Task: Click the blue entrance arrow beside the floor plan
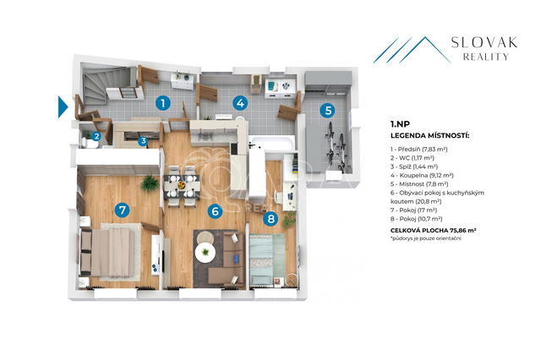[63, 106]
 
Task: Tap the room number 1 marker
[163, 103]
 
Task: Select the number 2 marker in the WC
[96, 136]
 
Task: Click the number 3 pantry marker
[143, 140]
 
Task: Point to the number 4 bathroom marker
[240, 103]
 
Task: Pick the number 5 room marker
[328, 111]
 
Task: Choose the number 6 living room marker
[215, 210]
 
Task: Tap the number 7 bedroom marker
[122, 210]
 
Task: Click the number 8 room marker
[270, 219]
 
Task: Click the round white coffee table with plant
[205, 252]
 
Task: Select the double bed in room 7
[107, 253]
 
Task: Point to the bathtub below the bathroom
[272, 143]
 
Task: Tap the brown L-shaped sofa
[227, 259]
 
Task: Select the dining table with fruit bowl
[182, 186]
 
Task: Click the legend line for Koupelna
[422, 176]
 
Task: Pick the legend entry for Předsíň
[419, 150]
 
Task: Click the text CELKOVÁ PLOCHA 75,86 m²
[434, 231]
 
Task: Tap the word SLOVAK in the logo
[484, 43]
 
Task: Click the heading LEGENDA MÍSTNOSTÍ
[430, 135]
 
